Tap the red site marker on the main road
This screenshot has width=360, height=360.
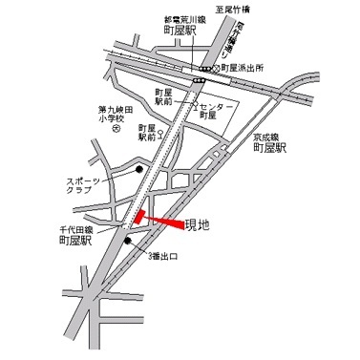pos(139,218)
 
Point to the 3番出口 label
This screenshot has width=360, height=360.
pos(162,257)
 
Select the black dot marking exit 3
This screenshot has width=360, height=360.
pos(128,240)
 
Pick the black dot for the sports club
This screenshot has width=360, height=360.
pos(139,171)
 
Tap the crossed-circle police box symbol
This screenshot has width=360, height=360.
pos(216,69)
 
